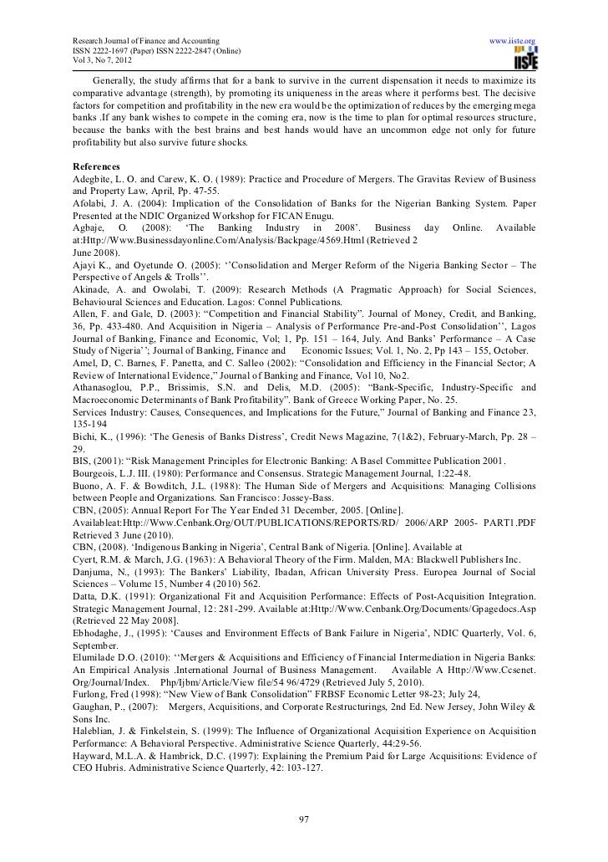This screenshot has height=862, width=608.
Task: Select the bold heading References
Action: pyautogui.click(x=95, y=166)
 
